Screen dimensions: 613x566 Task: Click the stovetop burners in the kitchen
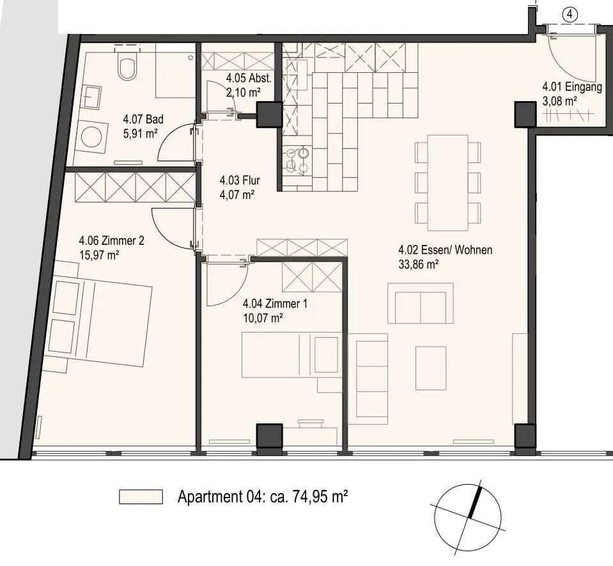tap(297, 161)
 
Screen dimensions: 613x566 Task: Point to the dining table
tap(447, 183)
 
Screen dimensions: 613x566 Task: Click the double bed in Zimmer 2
tap(98, 321)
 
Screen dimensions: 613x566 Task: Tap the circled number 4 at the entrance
tap(570, 15)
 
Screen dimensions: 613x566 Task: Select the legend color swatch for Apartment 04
tap(141, 497)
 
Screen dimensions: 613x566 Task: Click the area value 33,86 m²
tap(418, 264)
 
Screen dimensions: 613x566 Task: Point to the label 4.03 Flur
tap(240, 180)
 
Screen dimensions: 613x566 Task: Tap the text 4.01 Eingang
tap(572, 87)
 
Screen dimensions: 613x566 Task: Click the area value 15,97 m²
tap(99, 255)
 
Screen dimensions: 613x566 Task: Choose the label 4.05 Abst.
tap(249, 78)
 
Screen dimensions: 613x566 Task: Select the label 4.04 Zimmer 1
tap(275, 304)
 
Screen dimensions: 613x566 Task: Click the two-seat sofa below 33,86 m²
tap(421, 303)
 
